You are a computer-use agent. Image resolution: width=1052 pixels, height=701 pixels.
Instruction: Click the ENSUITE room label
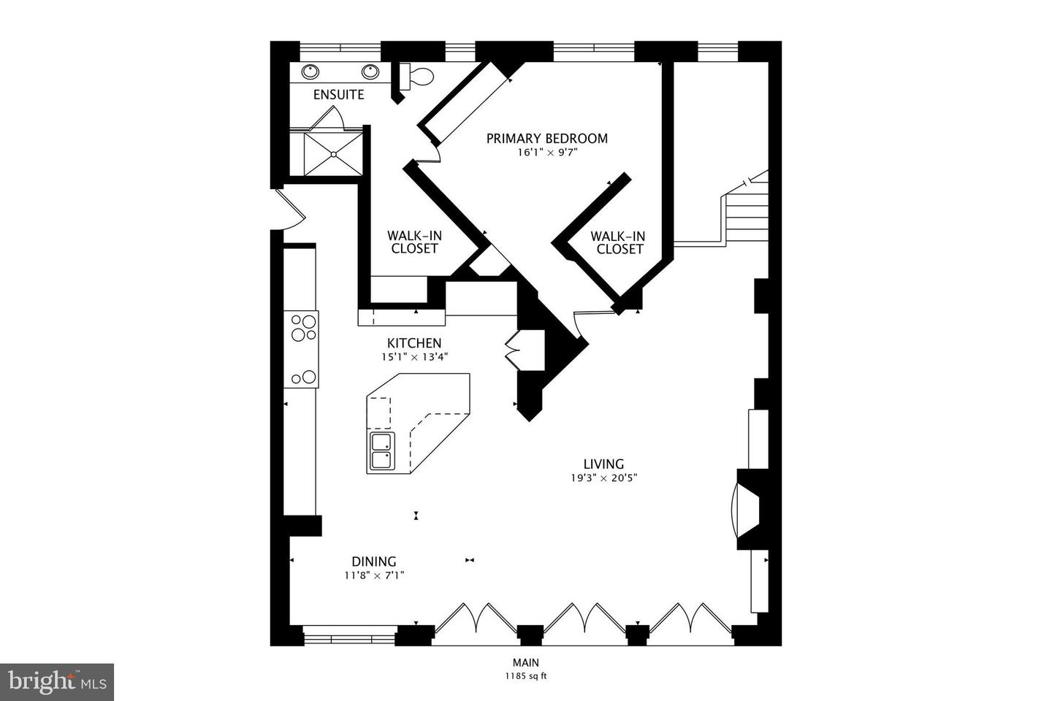(338, 95)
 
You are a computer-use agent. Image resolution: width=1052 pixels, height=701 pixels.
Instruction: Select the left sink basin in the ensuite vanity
(310, 72)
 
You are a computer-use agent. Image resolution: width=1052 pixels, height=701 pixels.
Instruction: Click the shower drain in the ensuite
(333, 154)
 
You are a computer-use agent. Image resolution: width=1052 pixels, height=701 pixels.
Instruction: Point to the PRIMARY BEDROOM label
(547, 138)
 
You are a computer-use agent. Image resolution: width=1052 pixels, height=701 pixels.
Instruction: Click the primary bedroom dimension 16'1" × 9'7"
(547, 153)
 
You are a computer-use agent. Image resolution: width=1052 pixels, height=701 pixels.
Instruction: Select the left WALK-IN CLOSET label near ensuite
(414, 242)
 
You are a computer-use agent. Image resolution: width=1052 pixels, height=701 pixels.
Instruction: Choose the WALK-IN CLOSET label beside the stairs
(619, 242)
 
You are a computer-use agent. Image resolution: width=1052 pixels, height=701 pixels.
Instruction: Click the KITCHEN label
(413, 343)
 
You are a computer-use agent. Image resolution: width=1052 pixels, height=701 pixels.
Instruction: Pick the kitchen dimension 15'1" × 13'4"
(413, 357)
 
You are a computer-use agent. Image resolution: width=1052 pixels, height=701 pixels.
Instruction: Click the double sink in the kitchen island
(381, 451)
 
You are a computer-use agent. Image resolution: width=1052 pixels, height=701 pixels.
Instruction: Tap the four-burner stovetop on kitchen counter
(304, 328)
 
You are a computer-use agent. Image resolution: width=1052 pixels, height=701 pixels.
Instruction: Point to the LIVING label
(603, 464)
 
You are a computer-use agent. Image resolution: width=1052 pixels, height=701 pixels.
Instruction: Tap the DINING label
(374, 562)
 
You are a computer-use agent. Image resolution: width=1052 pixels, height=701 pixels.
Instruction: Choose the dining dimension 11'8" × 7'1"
(374, 575)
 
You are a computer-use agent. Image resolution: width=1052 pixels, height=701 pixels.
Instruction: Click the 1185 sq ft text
(525, 676)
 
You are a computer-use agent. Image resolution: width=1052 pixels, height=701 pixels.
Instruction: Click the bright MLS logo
(56, 682)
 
